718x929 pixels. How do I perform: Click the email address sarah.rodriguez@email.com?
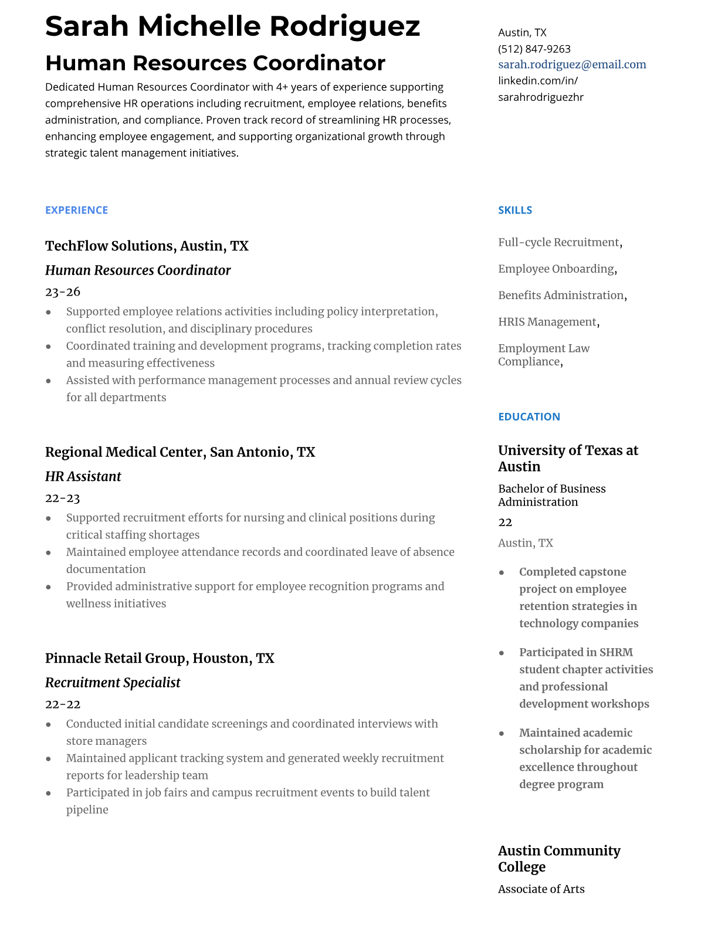(x=572, y=65)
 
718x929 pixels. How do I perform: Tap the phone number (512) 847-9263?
(x=534, y=49)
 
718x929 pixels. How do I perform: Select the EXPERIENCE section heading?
(x=76, y=210)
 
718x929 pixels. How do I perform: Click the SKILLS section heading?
(x=515, y=210)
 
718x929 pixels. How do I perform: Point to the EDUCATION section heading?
(x=529, y=416)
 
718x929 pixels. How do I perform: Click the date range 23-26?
(x=63, y=291)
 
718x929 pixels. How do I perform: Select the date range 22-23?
(x=63, y=498)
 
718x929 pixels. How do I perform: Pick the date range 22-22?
(x=63, y=704)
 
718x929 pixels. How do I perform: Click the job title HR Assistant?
(x=83, y=476)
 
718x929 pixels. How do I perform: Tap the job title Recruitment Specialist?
(x=113, y=683)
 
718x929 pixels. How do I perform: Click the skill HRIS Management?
(x=547, y=322)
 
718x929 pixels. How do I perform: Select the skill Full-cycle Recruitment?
(x=558, y=242)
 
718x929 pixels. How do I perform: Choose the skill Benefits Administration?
(x=561, y=296)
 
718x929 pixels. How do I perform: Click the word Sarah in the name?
(x=87, y=26)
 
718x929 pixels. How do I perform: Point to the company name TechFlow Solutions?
(x=109, y=246)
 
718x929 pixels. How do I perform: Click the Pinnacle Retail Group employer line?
(x=160, y=658)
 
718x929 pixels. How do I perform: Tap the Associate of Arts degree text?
(x=541, y=889)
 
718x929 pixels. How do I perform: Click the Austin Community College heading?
(x=558, y=859)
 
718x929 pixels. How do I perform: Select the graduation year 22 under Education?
(x=505, y=522)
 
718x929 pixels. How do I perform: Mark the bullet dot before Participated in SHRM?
(x=502, y=653)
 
